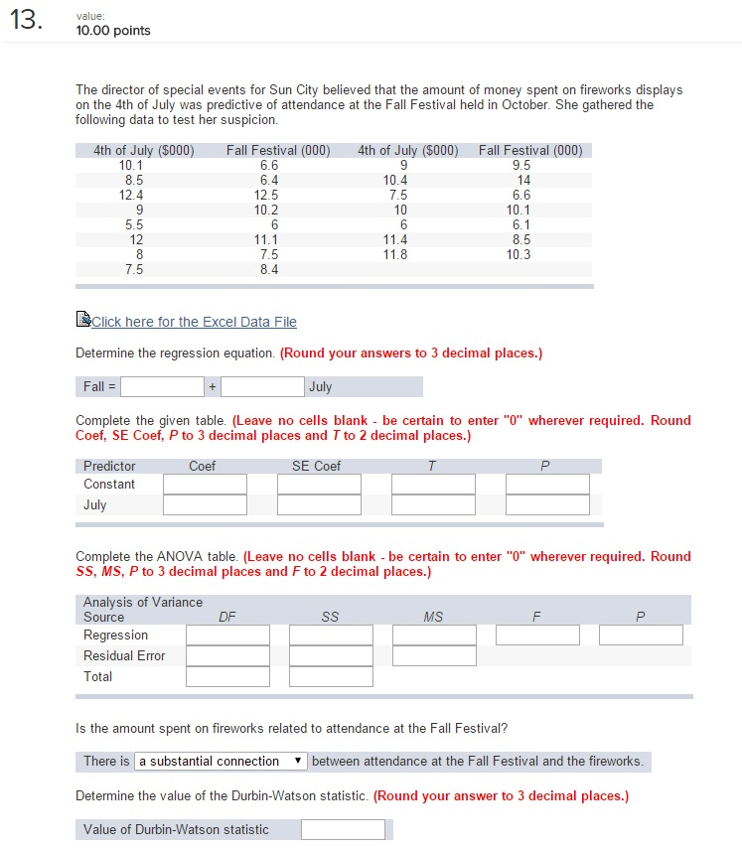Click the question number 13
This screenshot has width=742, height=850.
click(26, 24)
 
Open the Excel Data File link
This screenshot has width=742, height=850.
click(193, 322)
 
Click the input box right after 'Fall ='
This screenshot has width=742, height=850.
click(163, 386)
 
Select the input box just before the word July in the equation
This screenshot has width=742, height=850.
click(262, 386)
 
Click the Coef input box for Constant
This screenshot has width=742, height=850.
click(205, 484)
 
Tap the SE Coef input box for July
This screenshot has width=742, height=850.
click(319, 504)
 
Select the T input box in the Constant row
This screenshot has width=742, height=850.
click(433, 484)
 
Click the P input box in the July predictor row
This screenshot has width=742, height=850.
click(547, 504)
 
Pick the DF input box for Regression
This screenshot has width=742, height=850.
click(227, 635)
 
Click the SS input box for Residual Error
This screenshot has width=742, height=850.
click(331, 655)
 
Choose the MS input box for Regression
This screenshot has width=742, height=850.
click(434, 635)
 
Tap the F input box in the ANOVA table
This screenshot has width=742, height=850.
click(537, 635)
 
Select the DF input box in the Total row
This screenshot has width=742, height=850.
click(227, 676)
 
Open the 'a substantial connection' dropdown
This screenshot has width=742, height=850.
click(221, 761)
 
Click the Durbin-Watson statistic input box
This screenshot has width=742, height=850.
click(343, 829)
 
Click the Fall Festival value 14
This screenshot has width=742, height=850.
click(524, 180)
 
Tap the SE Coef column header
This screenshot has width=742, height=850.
click(316, 466)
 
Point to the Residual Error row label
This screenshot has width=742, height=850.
click(124, 655)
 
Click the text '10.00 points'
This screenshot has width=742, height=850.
click(113, 31)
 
